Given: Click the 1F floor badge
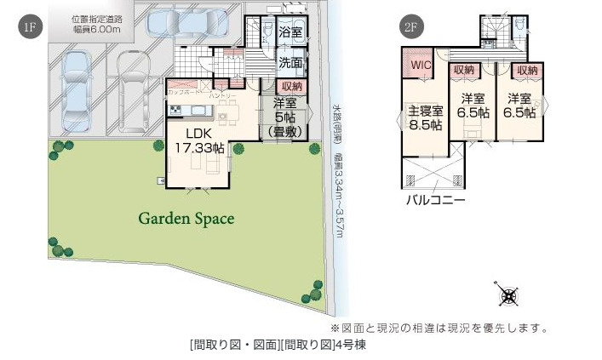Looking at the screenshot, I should tap(30, 27).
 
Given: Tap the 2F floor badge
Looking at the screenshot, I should tap(413, 27).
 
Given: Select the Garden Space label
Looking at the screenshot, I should tap(186, 219).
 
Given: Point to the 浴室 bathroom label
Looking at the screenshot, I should tap(290, 32).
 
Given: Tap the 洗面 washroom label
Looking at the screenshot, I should tap(290, 62).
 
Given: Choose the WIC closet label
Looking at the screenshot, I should tap(421, 65).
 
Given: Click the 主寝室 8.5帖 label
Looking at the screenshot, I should tap(425, 117).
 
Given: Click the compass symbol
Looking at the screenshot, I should tap(508, 295).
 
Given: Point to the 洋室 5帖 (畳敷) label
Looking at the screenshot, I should tap(280, 117).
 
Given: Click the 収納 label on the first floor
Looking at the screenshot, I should tap(290, 86).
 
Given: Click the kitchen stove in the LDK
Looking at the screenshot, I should tap(176, 109).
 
